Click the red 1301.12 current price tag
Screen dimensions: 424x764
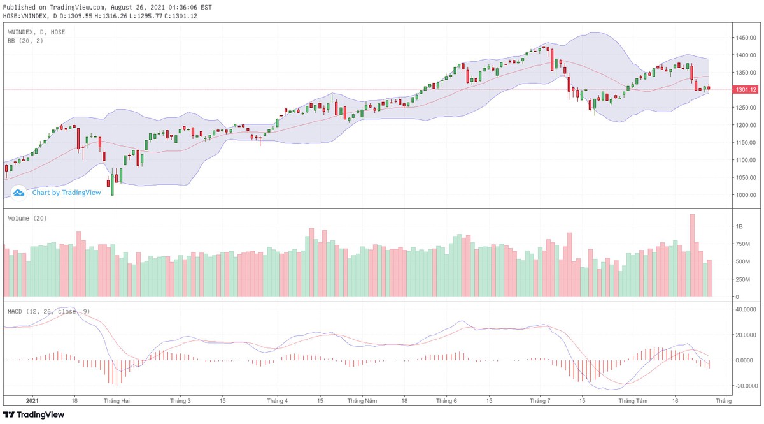pos(745,90)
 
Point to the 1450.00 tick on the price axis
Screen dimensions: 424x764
pos(745,38)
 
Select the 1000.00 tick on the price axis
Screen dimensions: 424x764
pos(745,194)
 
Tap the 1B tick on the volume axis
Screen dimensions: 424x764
pos(739,226)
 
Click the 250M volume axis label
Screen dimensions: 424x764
pos(743,279)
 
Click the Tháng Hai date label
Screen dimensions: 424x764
pos(117,402)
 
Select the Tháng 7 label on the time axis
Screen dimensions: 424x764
pos(540,402)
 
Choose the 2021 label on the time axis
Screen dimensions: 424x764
pos(33,402)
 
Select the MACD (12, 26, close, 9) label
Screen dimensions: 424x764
pos(48,311)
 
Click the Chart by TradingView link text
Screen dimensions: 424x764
pos(66,193)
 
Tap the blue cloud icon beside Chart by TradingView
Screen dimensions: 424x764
pos(18,192)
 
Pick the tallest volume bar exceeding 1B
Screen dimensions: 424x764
pos(692,255)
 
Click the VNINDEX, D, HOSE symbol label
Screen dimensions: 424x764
pos(36,31)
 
